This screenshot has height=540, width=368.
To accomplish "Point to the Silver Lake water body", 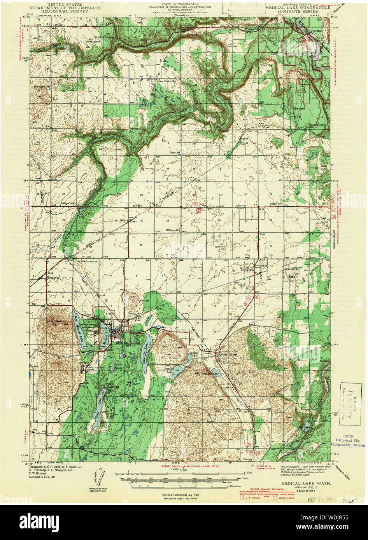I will click(145, 346).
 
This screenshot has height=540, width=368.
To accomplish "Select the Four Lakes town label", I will click(227, 354).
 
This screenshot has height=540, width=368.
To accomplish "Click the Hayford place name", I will click(247, 268).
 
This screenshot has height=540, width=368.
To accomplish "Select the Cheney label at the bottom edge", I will click(247, 459).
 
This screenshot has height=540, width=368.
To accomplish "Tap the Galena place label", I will click(124, 220).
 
